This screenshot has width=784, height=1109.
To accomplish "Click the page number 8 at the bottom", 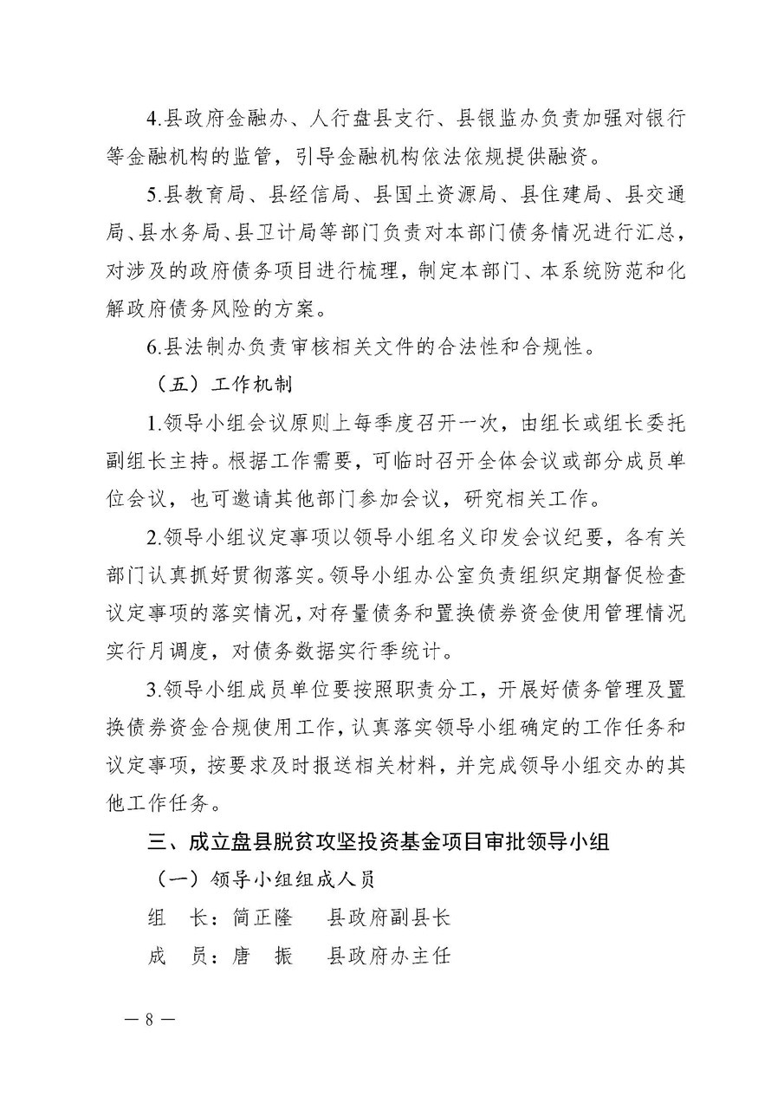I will pos(149,1020).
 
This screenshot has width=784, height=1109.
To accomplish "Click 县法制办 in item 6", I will pos(200,348).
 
